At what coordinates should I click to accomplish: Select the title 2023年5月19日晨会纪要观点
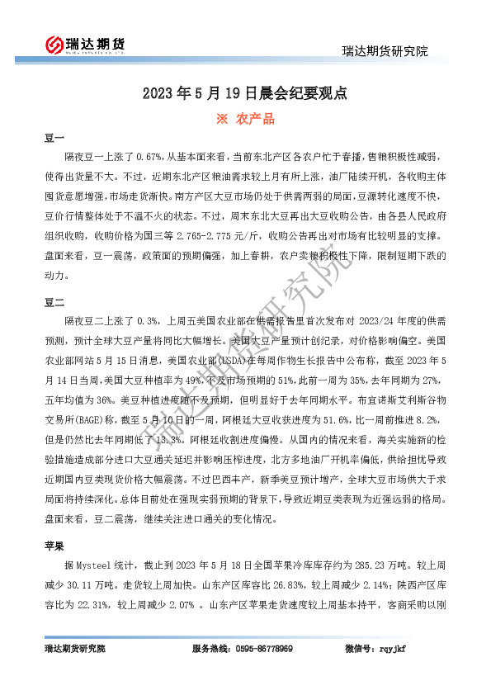tap(245, 93)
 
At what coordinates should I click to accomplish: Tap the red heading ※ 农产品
tap(245, 119)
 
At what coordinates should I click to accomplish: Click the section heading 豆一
tap(54, 138)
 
